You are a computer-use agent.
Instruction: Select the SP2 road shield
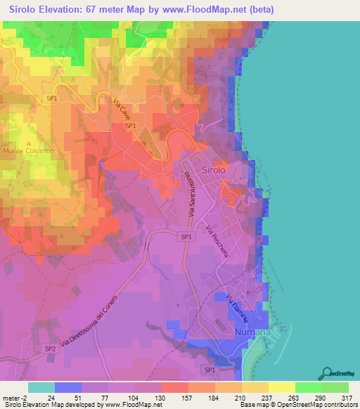tap(50, 349)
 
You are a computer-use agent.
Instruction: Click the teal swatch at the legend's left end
tap(41, 387)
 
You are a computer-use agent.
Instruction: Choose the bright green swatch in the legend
tap(308, 387)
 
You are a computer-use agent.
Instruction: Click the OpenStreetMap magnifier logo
tap(327, 372)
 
